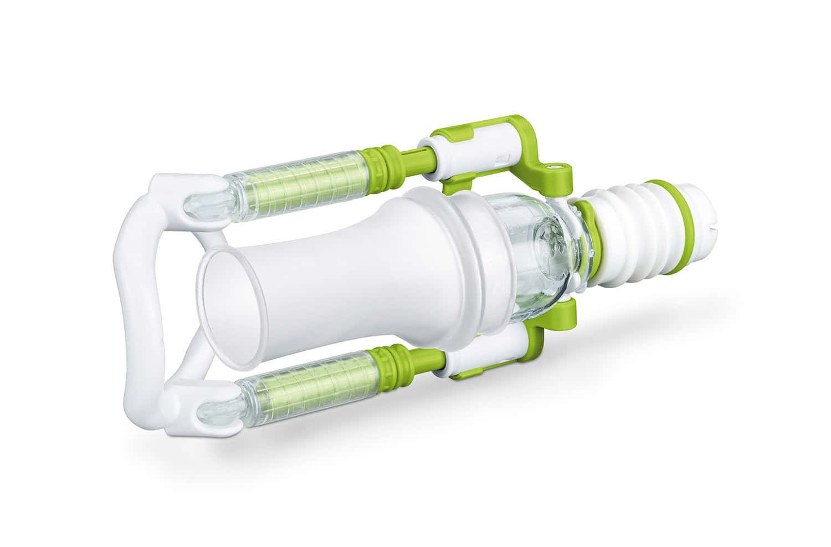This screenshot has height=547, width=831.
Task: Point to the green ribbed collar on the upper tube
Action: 385,154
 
